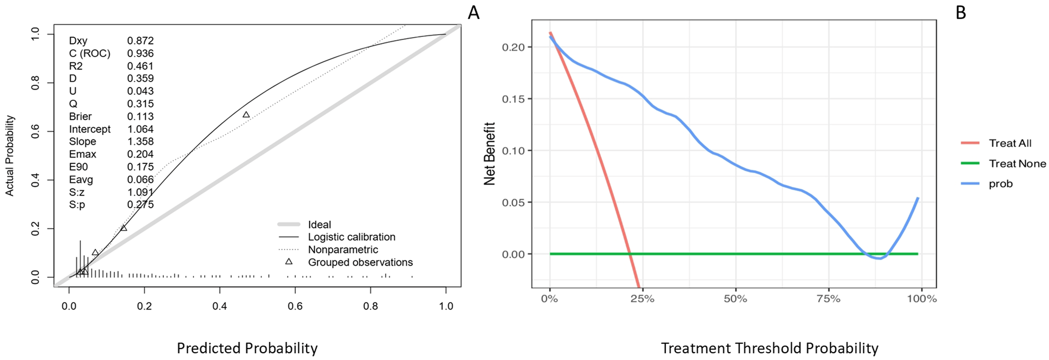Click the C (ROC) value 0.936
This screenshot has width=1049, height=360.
pos(140,53)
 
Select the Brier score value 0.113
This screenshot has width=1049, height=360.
pos(140,116)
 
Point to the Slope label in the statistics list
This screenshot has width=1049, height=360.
pos(82,141)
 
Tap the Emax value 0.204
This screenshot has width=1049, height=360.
pos(140,154)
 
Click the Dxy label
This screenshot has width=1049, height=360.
pos(78,41)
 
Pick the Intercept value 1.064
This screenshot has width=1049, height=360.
pos(140,129)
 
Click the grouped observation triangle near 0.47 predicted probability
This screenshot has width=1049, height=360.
pos(246,115)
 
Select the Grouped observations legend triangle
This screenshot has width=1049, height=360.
pos(289,262)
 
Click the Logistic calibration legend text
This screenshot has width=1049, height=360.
pos(352,237)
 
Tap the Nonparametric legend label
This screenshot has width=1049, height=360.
pos(343,250)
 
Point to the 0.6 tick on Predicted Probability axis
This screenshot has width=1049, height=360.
pos(295,306)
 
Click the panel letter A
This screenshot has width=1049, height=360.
pos(474,13)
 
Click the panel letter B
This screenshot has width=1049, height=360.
pos(961,13)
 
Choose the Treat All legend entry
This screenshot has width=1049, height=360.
pos(997,143)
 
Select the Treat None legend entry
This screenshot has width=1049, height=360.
pos(1003,164)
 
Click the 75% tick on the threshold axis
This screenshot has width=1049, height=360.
pos(829,299)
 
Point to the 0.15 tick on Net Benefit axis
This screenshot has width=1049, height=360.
pos(513,99)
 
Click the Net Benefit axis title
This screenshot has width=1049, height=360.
pos(490,154)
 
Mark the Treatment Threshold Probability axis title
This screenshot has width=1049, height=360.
pos(770,348)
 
